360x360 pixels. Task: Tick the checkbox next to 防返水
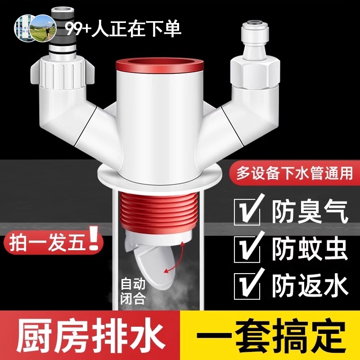click(x=247, y=284)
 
